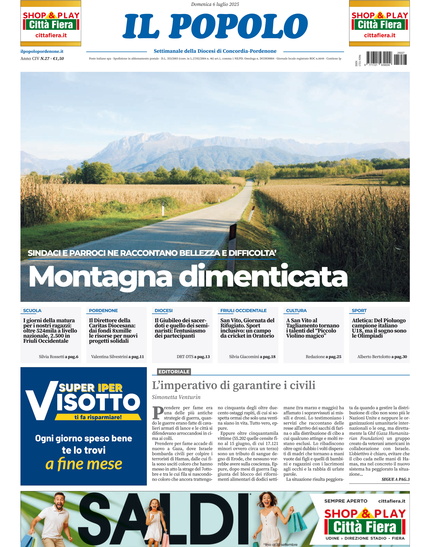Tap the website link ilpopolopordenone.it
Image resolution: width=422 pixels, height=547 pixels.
pyautogui.click(x=42, y=51)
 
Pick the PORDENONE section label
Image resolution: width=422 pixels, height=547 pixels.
pyautogui.click(x=103, y=311)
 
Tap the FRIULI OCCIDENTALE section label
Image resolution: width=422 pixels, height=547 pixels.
pyautogui.click(x=243, y=311)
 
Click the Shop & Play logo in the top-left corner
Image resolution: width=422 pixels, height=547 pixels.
pyautogui.click(x=51, y=23)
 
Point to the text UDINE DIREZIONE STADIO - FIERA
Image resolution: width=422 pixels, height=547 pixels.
pyautogui.click(x=365, y=538)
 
